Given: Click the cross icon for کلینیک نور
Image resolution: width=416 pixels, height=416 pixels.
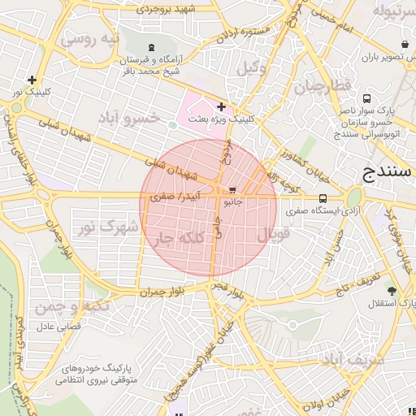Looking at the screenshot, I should click(x=32, y=80).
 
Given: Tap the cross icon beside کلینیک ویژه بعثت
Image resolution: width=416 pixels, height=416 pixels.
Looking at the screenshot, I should click(x=221, y=106).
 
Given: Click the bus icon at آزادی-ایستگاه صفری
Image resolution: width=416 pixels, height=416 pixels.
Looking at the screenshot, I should click(x=323, y=197).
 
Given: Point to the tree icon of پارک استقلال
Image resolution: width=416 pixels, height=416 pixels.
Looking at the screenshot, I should click(x=392, y=291).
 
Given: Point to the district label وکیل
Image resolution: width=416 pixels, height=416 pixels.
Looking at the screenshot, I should click(x=252, y=69).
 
